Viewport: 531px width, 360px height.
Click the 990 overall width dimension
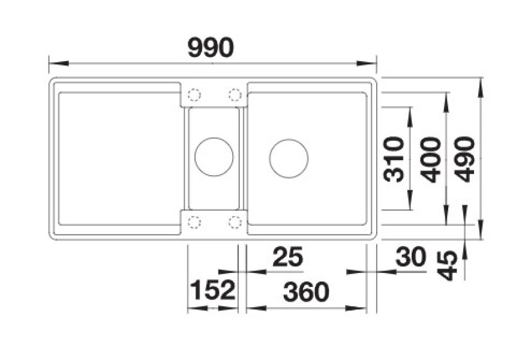pyautogui.click(x=211, y=48)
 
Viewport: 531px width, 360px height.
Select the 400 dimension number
pyautogui.click(x=430, y=160)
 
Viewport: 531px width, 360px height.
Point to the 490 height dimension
pyautogui.click(x=465, y=159)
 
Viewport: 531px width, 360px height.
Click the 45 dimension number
pyautogui.click(x=448, y=265)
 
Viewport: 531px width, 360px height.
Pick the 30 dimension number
pyautogui.click(x=410, y=257)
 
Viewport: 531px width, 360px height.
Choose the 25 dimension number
pyautogui.click(x=288, y=257)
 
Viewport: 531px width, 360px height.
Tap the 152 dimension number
pyautogui.click(x=212, y=290)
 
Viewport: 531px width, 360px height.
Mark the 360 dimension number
pyautogui.click(x=306, y=292)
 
